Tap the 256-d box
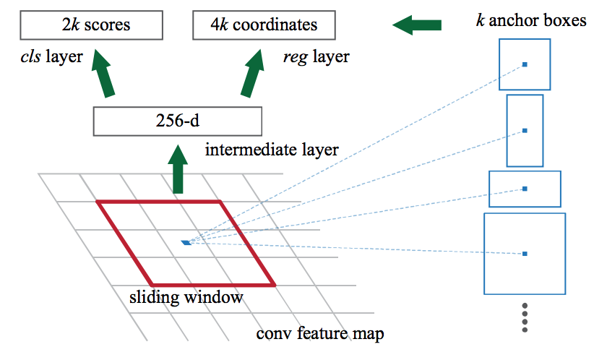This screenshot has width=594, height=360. pyautogui.click(x=176, y=121)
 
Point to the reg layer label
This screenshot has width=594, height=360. pyautogui.click(x=316, y=56)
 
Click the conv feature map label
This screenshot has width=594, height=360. pyautogui.click(x=320, y=335)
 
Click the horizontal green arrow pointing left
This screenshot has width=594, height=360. pyautogui.click(x=417, y=25)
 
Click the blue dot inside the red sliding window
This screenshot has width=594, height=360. pyautogui.click(x=186, y=242)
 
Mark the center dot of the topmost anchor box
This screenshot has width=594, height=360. pyautogui.click(x=525, y=64)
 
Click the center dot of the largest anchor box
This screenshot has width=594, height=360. pyautogui.click(x=525, y=253)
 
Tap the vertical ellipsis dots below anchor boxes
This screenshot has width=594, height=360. pyautogui.click(x=525, y=317)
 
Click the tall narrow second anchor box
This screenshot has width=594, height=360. pyautogui.click(x=525, y=131)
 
